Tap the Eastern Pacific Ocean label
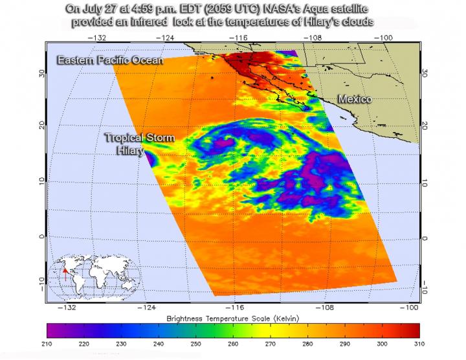click(x=109, y=60)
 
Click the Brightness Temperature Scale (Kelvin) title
click(x=231, y=319)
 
